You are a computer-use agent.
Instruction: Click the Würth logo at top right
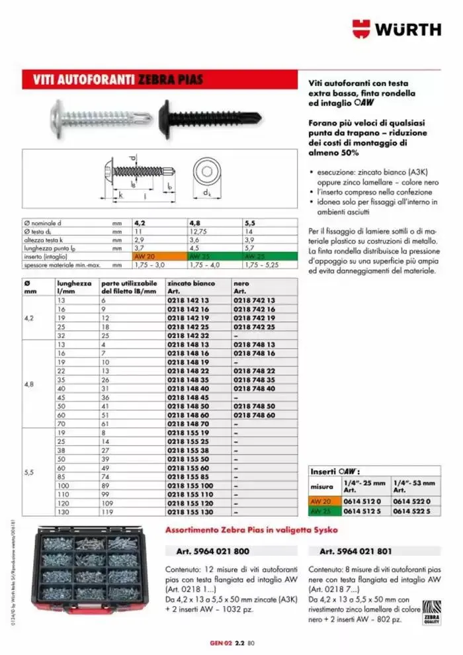coord(396,29)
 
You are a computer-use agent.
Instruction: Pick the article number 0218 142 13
coord(188,300)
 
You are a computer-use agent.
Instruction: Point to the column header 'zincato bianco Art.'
coord(192,286)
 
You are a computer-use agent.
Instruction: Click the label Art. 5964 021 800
coord(212,550)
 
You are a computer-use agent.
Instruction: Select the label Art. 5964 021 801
coord(356,550)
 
